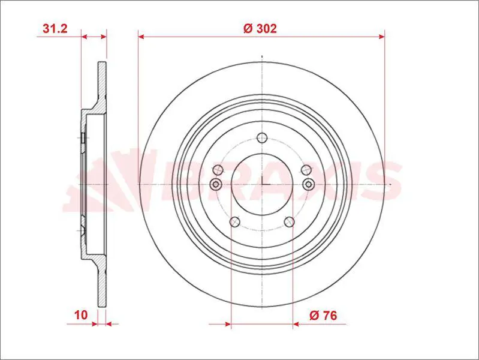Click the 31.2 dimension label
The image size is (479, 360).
click(x=55, y=28)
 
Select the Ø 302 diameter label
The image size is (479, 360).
click(x=260, y=28)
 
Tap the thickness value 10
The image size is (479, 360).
click(x=81, y=315)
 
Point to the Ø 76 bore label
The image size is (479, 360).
click(x=323, y=315)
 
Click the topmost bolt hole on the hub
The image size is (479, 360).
click(x=262, y=138)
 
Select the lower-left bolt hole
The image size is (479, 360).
click(x=235, y=222)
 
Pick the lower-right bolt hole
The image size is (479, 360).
click(x=290, y=222)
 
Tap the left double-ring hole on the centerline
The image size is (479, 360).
click(x=216, y=184)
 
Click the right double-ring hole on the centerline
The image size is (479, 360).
click(x=309, y=184)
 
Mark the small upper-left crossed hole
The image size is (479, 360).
click(x=218, y=169)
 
